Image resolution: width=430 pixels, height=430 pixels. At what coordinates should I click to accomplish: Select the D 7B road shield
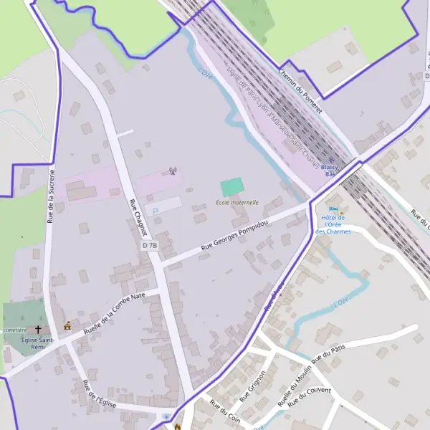pos(149,246)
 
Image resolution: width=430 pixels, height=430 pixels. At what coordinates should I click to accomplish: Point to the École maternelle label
pos(237,203)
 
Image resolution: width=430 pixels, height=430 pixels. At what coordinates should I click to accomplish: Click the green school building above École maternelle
pos(231,187)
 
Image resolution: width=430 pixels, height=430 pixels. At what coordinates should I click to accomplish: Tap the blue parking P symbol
pos(155,211)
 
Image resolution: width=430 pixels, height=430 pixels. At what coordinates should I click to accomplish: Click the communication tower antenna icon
pos(172,171)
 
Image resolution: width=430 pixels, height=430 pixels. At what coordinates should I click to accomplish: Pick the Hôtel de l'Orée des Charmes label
pos(332,224)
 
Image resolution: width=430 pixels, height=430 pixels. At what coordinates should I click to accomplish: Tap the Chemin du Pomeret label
pos(300,91)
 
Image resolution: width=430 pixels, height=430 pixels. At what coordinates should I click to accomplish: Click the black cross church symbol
pos(39,330)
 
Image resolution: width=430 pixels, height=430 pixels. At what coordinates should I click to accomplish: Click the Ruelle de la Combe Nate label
pos(115,313)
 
